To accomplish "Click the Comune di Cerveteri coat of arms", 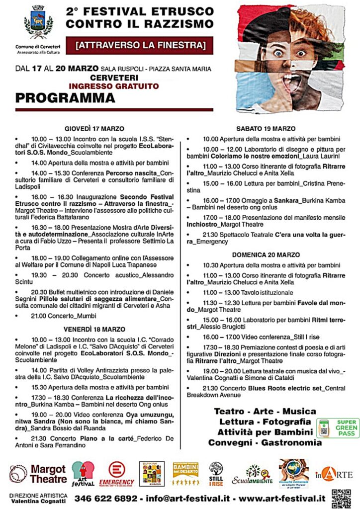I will [38, 22].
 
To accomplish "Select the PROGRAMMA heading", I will [65, 98].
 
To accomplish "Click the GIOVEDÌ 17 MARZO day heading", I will [94, 128].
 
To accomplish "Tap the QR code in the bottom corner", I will [341, 498].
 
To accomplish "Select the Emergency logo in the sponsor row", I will [116, 474].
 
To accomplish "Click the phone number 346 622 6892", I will [106, 498].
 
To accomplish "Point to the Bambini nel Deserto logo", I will [185, 474].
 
